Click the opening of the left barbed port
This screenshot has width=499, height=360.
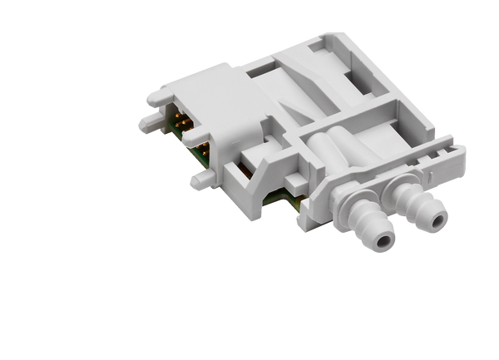[382, 242]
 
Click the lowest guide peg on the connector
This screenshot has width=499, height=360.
[200, 180]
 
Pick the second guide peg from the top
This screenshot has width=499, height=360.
[150, 125]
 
